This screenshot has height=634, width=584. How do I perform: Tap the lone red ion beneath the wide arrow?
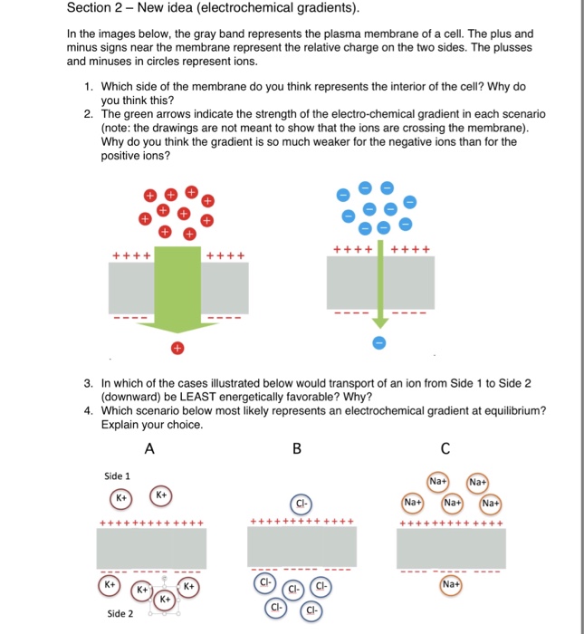tap(177, 348)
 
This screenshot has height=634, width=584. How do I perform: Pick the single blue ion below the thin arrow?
tap(380, 342)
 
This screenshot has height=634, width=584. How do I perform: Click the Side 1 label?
tap(117, 475)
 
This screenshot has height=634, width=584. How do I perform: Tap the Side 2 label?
tap(120, 613)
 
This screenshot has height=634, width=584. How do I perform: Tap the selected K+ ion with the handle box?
tap(165, 600)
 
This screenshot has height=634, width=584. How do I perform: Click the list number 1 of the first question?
tap(89, 86)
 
